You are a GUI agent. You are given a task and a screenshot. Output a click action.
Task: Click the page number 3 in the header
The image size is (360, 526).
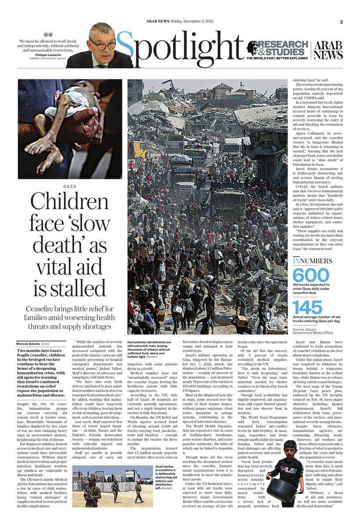(x=341, y=21)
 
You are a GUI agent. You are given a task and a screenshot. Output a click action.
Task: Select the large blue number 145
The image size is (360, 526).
(x=307, y=307)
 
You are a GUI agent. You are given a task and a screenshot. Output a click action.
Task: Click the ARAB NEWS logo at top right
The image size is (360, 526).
(x=328, y=50)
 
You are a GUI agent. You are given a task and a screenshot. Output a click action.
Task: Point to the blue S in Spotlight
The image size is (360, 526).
(x=125, y=50)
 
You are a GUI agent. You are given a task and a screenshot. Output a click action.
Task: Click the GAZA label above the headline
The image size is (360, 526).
(x=69, y=186)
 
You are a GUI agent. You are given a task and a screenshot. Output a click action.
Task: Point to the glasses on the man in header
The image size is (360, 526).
(x=102, y=44)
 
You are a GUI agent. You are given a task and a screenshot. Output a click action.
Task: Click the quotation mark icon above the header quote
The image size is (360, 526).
(x=48, y=34)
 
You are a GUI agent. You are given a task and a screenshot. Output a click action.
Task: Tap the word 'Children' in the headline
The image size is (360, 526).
(x=69, y=202)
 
